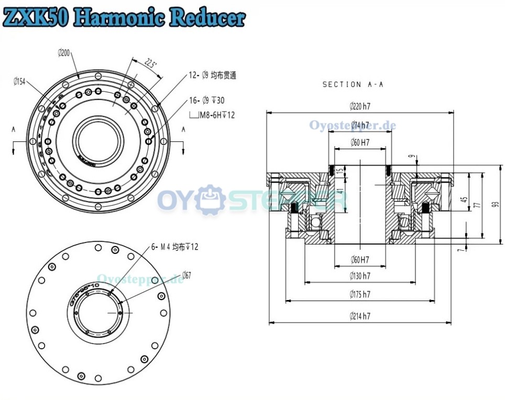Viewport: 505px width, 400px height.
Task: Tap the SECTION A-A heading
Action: click(x=353, y=84)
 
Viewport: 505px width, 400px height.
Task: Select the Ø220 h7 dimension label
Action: click(x=360, y=106)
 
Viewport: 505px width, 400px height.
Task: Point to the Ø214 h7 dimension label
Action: click(x=360, y=316)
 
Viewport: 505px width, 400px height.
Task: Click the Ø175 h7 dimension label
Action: click(x=360, y=295)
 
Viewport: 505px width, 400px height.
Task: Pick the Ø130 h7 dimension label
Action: click(x=360, y=275)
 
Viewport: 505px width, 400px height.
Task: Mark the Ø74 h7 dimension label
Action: click(x=360, y=126)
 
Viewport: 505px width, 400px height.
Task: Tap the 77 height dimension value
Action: click(x=477, y=205)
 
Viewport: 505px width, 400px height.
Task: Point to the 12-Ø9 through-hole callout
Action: click(x=212, y=75)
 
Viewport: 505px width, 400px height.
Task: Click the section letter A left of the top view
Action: click(x=13, y=129)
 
